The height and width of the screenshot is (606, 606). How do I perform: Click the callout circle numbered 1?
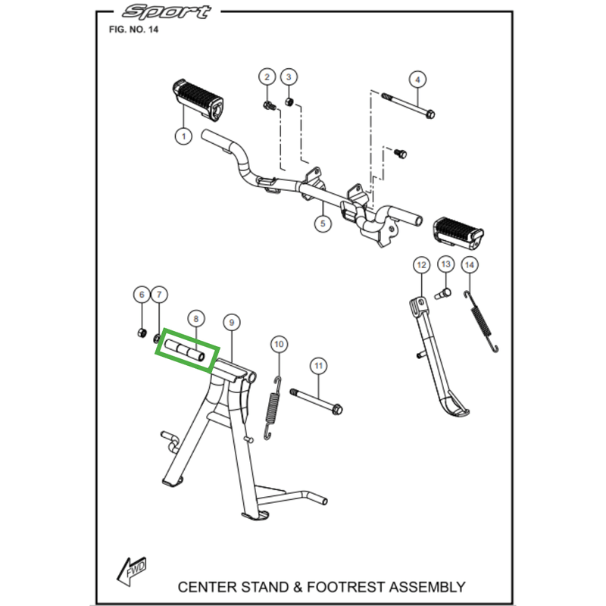pos(182,136)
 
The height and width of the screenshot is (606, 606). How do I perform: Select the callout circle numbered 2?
pos(267,77)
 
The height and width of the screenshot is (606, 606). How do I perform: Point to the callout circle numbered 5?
pos(323,223)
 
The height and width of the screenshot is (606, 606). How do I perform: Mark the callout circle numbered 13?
pos(445,264)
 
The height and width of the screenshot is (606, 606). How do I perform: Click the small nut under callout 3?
pos(288,102)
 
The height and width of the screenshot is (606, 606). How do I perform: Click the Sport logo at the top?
pos(168,12)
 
